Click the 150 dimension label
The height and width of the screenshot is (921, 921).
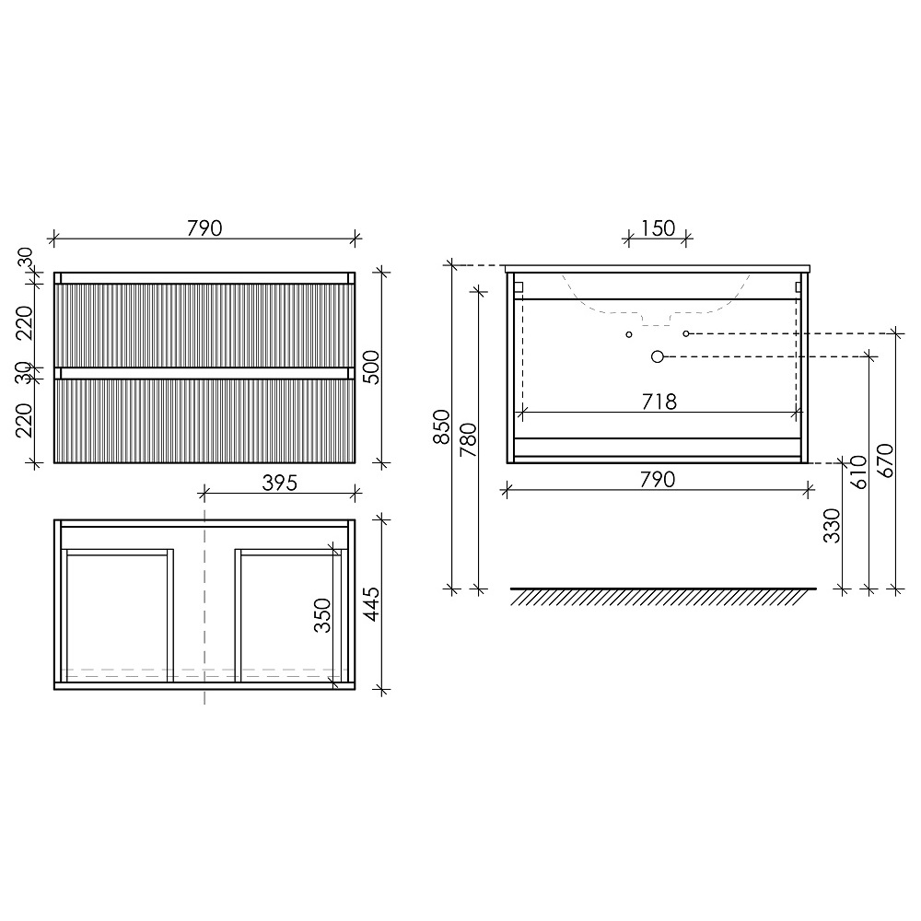point(658,227)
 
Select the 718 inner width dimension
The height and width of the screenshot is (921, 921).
point(659,402)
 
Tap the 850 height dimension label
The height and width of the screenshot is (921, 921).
point(441,426)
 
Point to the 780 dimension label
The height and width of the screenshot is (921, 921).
point(468,440)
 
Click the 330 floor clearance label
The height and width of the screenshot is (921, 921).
point(832,526)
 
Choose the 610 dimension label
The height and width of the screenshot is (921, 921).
point(858,472)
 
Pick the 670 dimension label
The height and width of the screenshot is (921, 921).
point(885,461)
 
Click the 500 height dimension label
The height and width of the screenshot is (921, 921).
point(371,367)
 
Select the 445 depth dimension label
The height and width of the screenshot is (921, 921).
point(371,604)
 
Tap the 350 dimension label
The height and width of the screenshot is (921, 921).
point(322,615)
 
